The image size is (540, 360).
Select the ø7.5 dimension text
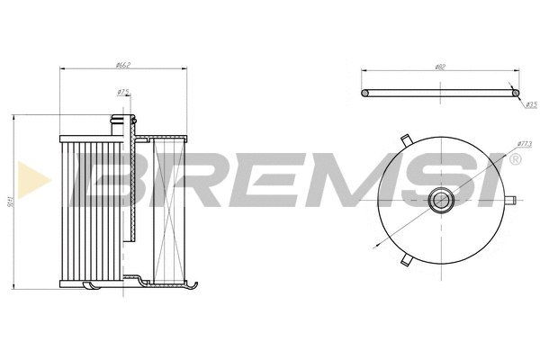[x=123, y=92]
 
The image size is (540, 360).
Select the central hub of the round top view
[x=441, y=199]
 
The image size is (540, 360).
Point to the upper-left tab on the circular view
[x=406, y=139]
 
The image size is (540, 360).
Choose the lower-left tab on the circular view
[x=406, y=259]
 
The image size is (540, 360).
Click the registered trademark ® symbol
[x=515, y=160]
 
